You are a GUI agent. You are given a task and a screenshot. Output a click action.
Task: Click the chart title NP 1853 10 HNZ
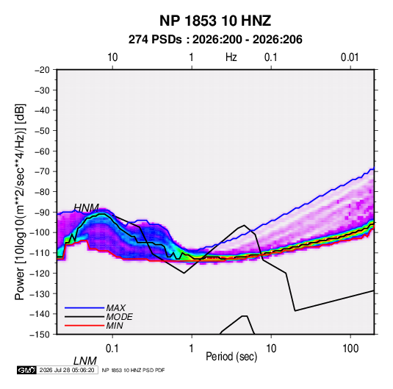215,21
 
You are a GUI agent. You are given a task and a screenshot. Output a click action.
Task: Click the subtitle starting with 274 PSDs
215,40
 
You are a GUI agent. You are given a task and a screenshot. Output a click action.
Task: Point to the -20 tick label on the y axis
42,70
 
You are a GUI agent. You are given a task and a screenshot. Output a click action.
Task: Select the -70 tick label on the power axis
42,171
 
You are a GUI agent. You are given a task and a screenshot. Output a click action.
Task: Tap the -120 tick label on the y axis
40,273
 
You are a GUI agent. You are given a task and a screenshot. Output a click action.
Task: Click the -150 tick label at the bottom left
40,335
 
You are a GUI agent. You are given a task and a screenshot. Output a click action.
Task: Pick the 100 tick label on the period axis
350,349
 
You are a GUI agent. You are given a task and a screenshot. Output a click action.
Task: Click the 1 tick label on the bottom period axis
192,349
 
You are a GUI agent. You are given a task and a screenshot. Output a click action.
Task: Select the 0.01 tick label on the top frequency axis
350,57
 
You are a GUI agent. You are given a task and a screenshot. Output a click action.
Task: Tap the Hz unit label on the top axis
231,57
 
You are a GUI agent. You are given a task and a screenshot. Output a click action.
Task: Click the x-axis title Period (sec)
231,357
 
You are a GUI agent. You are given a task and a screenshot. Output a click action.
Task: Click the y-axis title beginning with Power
20,201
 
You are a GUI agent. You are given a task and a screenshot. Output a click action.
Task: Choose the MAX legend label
116,307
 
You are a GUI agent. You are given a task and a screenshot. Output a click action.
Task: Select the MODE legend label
119,317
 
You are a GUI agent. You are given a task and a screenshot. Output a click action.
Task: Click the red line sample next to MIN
84,326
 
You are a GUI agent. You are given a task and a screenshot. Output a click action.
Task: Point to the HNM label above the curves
87,208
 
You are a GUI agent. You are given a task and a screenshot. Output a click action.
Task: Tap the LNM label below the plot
85,361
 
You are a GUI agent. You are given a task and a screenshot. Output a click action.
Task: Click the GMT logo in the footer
26,370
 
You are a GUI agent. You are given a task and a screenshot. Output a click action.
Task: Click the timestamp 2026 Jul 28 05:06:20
67,370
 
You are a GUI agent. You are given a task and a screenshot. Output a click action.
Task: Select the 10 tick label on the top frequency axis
112,57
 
